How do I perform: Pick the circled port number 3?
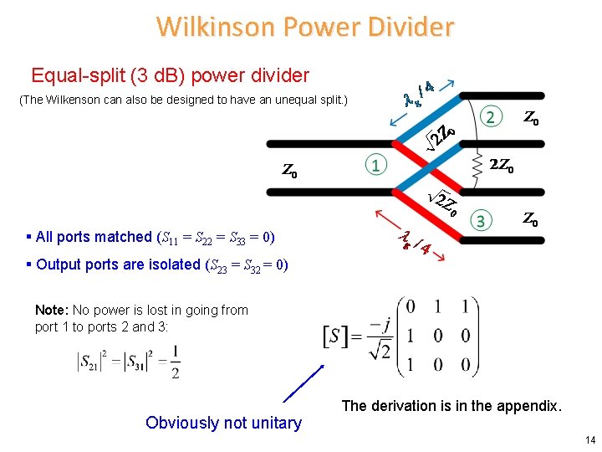[x=481, y=221]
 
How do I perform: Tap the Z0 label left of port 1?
[x=289, y=172]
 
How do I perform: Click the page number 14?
[x=590, y=440]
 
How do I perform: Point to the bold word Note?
[x=51, y=310]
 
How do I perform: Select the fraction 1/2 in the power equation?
[x=175, y=362]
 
